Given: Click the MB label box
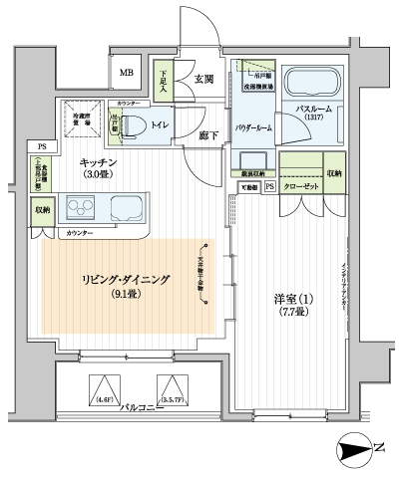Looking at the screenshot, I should [x=127, y=73].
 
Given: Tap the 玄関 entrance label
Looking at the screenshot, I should [x=204, y=79].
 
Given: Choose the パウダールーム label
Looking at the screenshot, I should [x=253, y=128].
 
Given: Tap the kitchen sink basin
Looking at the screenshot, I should [x=129, y=210].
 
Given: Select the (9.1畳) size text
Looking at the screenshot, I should [x=125, y=295].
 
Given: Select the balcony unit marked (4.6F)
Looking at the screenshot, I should [x=104, y=388].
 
